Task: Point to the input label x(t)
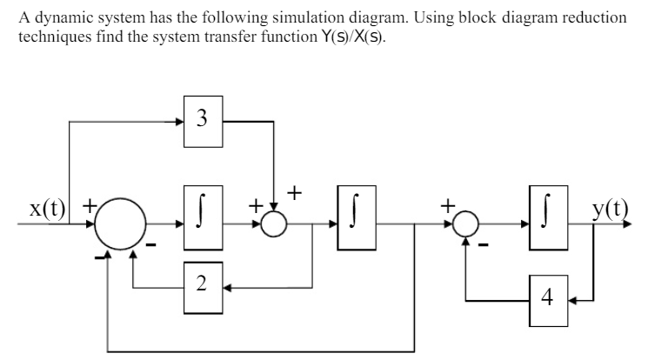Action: point(46,210)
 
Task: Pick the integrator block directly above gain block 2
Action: point(203,210)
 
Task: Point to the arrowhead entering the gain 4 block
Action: point(573,300)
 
